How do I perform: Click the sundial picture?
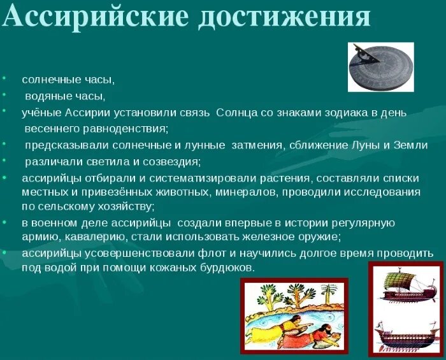pyautogui.click(x=380, y=67)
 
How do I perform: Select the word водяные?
pyautogui.click(x=47, y=96)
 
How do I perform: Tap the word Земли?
pyautogui.click(x=412, y=145)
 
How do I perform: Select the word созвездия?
pyautogui.click(x=171, y=161)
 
